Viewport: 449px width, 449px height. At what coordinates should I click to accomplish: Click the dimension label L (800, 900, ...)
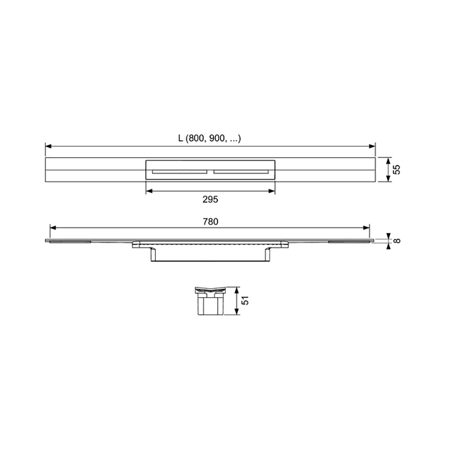209,138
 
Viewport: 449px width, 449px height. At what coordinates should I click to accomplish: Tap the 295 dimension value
211,199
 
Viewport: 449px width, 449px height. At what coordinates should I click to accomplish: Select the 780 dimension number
211,222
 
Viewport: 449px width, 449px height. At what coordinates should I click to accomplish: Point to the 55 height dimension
396,170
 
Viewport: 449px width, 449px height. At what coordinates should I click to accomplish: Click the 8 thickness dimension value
396,241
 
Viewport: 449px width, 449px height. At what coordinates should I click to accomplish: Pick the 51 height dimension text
245,300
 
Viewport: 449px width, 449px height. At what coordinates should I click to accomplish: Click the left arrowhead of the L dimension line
48,146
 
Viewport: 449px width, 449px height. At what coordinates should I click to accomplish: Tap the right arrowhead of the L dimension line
372,146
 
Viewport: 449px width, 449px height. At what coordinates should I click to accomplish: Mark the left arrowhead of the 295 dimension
149,191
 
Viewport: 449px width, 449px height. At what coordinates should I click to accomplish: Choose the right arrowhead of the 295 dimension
272,191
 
